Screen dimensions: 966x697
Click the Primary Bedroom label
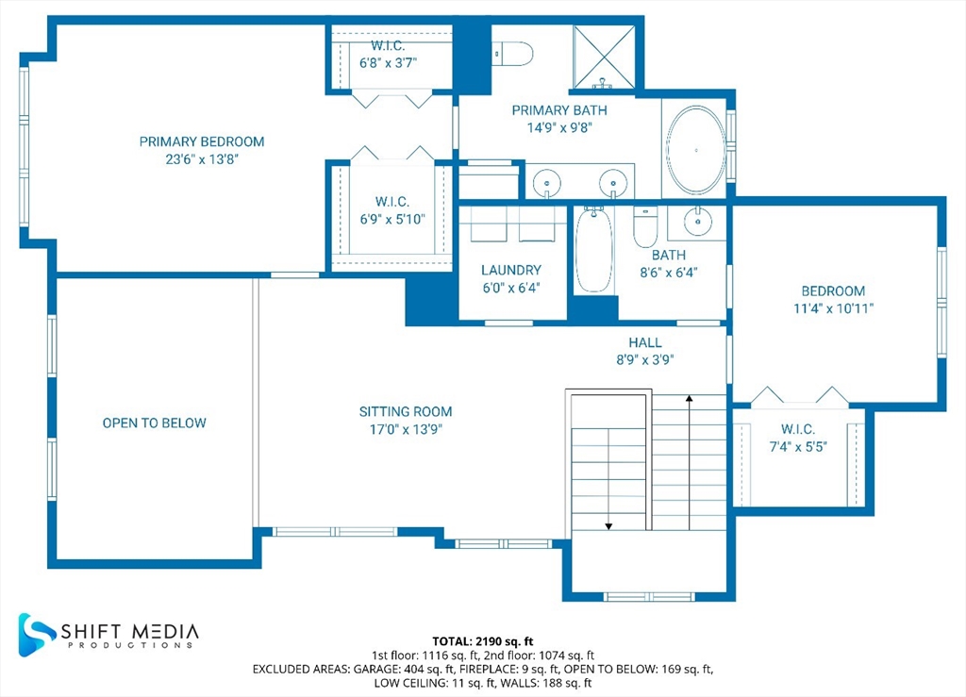(x=202, y=141)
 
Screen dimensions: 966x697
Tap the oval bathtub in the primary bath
(x=696, y=150)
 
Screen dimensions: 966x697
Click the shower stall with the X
(x=604, y=58)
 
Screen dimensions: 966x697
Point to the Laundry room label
(x=511, y=270)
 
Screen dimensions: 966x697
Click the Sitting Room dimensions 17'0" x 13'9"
(x=406, y=429)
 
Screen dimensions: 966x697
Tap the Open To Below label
(x=154, y=423)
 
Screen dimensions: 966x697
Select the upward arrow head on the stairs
(x=690, y=399)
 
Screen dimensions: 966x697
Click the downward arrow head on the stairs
(x=608, y=526)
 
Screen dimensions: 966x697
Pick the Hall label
(x=645, y=342)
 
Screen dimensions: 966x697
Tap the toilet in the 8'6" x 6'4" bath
(x=645, y=226)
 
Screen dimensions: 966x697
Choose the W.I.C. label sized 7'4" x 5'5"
(x=798, y=429)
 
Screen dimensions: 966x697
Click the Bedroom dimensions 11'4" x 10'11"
(x=833, y=308)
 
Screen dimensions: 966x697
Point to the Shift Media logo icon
(x=37, y=634)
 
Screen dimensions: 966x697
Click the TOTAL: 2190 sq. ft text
(x=482, y=641)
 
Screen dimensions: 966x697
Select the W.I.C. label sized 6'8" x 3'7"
(x=388, y=46)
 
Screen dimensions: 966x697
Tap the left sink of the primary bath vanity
(x=546, y=183)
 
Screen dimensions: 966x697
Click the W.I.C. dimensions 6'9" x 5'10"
(x=392, y=219)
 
